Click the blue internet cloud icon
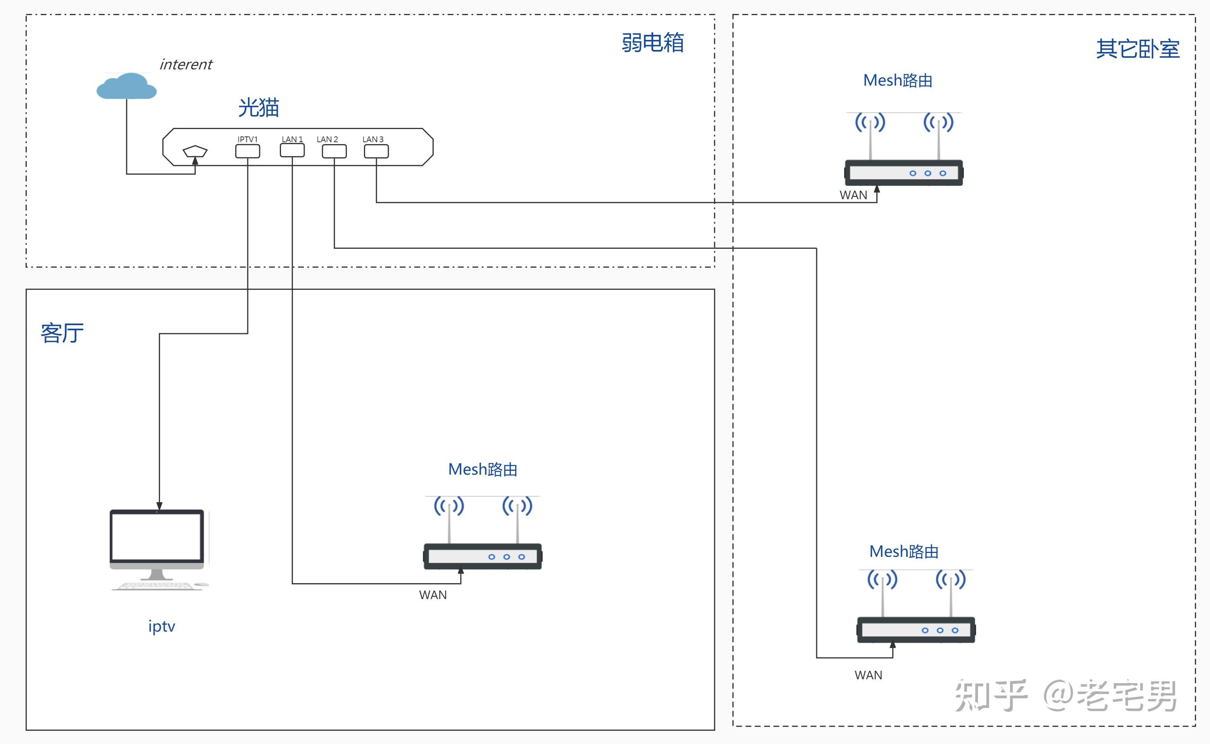[x=126, y=86]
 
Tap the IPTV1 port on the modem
[x=248, y=152]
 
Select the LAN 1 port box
[x=292, y=151]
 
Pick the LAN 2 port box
[x=334, y=152]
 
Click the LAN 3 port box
[x=376, y=152]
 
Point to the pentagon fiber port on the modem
[x=195, y=151]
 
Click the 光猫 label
[x=259, y=107]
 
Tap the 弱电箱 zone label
[x=653, y=42]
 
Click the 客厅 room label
[x=62, y=333]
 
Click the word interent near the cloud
[x=186, y=64]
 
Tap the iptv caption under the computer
[x=162, y=627]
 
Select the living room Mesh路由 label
[x=483, y=469]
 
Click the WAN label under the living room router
[x=433, y=595]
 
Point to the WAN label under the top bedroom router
[x=853, y=195]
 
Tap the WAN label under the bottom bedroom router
[x=869, y=675]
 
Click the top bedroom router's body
[x=903, y=173]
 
